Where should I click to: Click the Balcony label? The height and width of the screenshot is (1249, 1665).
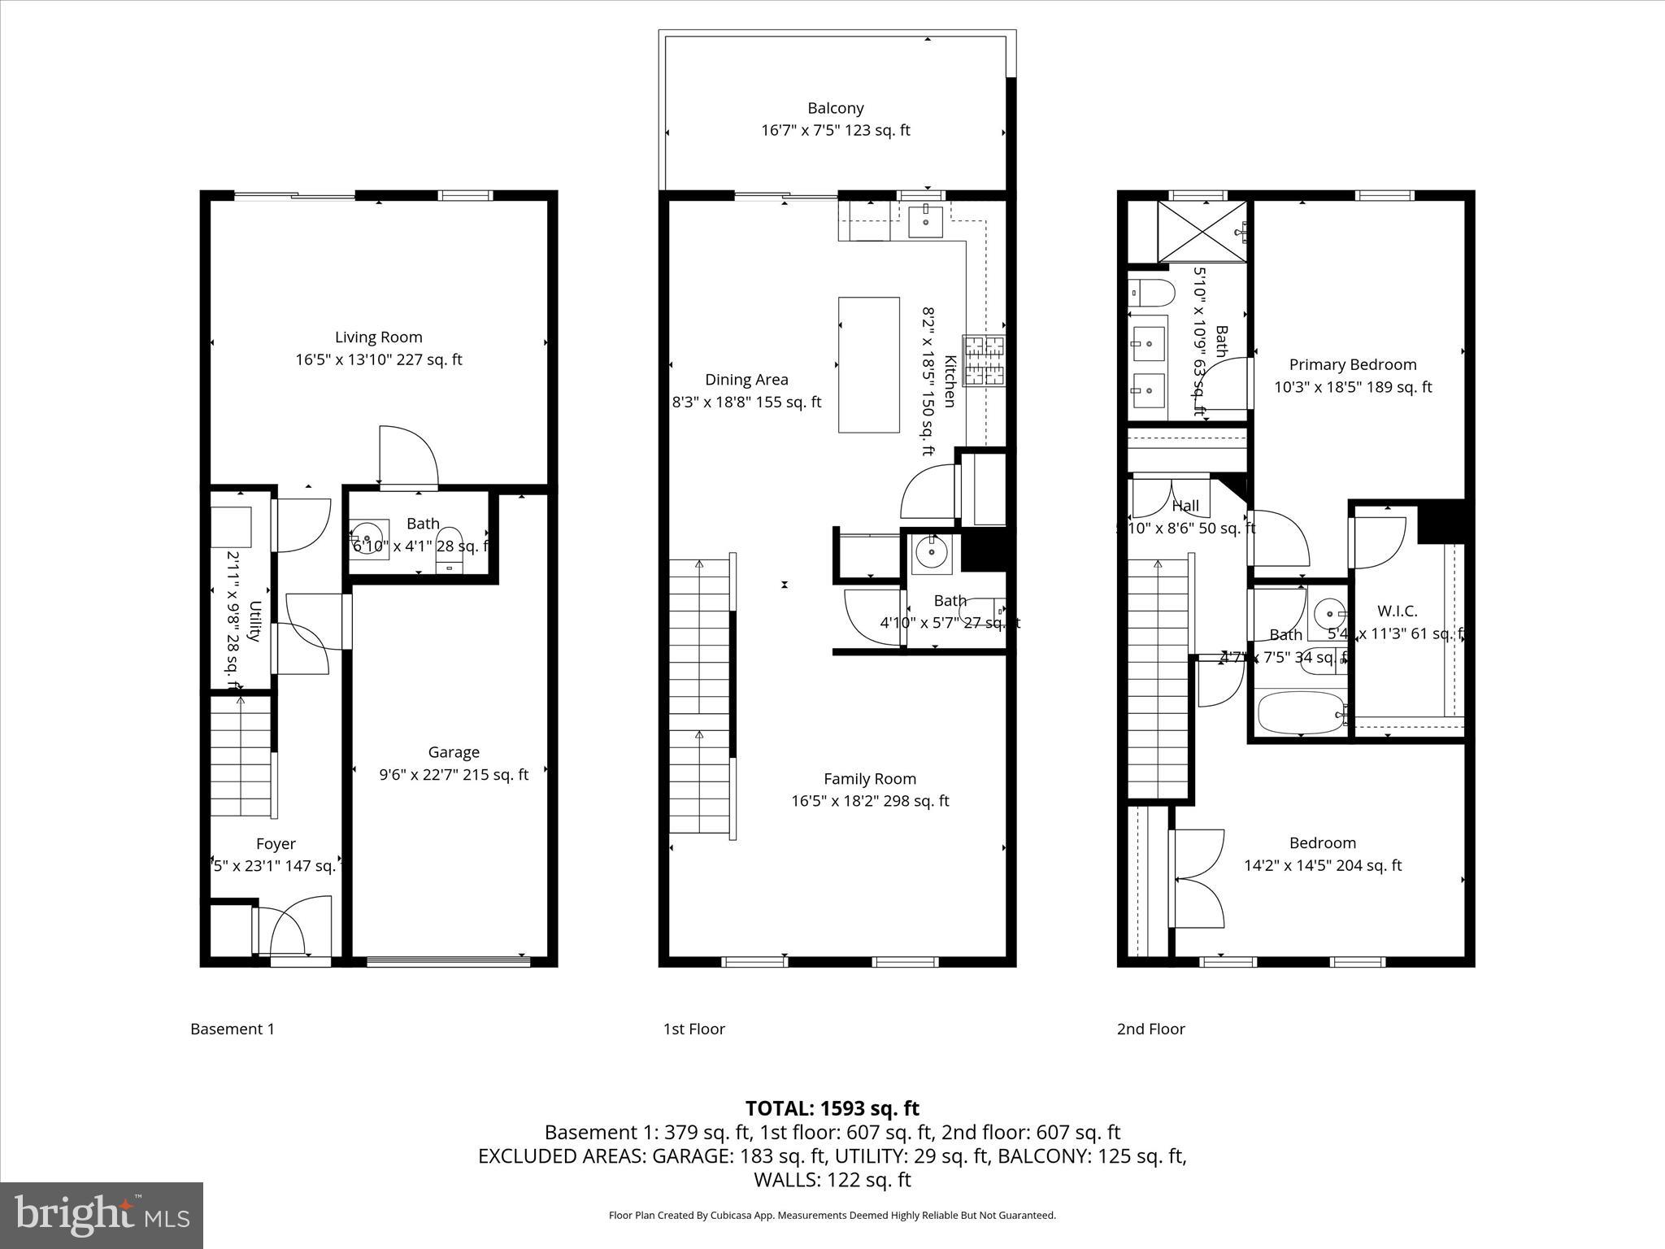(835, 108)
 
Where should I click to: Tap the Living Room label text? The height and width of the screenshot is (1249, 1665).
(378, 337)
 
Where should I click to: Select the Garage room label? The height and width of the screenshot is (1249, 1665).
(454, 752)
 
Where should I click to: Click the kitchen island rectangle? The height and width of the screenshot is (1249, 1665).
(868, 364)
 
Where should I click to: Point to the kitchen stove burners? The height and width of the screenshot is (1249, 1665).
(984, 360)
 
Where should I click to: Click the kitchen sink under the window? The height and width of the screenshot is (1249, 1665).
(925, 218)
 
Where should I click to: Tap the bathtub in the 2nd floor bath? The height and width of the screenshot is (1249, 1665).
(1298, 712)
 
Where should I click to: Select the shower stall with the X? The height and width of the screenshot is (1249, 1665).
(1201, 232)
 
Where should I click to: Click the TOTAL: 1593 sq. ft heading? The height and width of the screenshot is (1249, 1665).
(832, 1108)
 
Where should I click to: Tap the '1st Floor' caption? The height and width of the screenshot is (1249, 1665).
(693, 1029)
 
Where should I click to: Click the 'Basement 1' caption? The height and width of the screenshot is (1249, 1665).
(233, 1029)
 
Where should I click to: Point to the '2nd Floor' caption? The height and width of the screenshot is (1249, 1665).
(1150, 1029)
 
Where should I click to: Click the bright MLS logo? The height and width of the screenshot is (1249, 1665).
(102, 1215)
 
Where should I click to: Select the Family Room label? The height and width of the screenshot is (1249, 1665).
(869, 779)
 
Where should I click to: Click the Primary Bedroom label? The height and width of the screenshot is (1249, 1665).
(1352, 365)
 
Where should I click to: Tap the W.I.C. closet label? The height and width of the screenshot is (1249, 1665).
(1397, 611)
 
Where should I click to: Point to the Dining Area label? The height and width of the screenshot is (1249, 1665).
(746, 380)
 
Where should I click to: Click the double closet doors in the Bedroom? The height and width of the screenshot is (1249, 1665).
(1197, 878)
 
